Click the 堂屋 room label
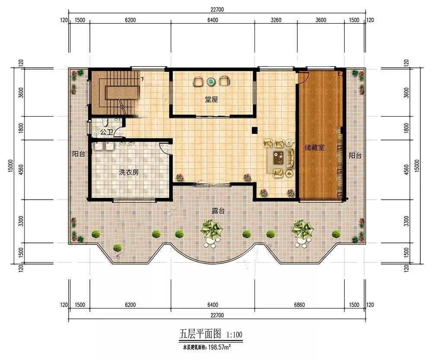point(211,99)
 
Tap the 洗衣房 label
point(129,172)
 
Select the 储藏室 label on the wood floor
point(314,148)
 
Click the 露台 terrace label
point(218,211)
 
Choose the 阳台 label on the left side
point(79,154)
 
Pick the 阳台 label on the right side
point(355,156)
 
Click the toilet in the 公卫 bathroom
point(104,121)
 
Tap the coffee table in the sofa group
point(279,157)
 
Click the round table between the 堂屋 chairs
point(211,81)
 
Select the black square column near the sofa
point(254,130)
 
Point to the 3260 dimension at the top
point(276,20)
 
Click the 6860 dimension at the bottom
point(299,305)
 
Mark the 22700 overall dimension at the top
point(217,10)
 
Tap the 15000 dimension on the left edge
point(10,166)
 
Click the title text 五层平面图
point(200,335)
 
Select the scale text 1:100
point(235,335)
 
